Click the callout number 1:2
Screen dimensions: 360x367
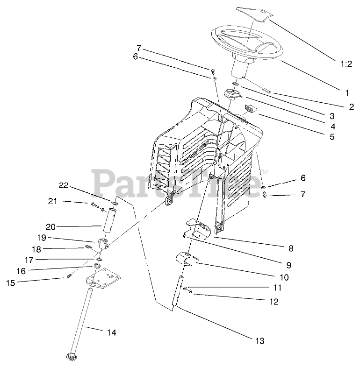(x=346, y=65)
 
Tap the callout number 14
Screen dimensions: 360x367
(x=111, y=333)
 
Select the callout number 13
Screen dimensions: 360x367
(x=259, y=341)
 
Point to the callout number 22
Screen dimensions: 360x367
(x=64, y=185)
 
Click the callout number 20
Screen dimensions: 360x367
(x=50, y=227)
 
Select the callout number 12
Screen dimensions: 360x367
(x=274, y=302)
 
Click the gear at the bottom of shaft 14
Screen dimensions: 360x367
(x=72, y=357)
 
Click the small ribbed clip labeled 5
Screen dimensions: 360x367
(x=251, y=109)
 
